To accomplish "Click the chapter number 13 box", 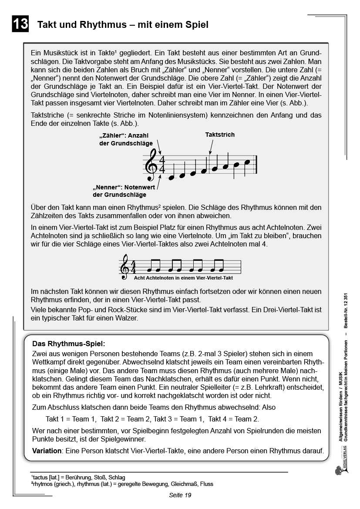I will point(20,24).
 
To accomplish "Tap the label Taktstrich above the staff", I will point(220,135).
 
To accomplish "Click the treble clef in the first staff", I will point(152,165).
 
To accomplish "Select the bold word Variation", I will point(47,451).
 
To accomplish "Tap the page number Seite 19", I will point(180,495).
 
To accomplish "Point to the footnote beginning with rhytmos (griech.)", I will point(122,484).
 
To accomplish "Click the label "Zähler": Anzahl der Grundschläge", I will point(126,139).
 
